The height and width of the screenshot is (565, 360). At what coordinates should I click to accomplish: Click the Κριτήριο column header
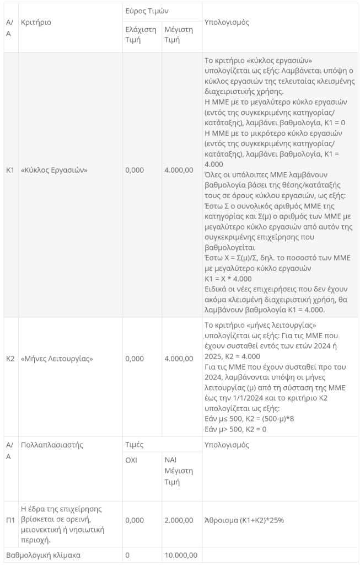click(36, 23)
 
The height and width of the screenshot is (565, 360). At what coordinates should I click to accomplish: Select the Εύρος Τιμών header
click(146, 11)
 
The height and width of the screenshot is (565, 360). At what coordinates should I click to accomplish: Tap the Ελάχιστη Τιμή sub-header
click(141, 35)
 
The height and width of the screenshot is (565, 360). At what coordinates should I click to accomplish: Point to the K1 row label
click(10, 170)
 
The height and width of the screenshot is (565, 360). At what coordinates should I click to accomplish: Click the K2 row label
click(10, 359)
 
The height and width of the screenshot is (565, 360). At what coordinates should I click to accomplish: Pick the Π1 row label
click(10, 520)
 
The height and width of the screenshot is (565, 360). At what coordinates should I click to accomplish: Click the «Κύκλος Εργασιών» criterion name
click(54, 170)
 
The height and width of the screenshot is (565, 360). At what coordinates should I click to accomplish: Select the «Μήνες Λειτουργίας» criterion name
click(57, 359)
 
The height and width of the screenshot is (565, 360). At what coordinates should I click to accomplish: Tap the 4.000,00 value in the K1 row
click(179, 170)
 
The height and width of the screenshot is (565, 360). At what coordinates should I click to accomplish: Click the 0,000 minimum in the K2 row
click(135, 359)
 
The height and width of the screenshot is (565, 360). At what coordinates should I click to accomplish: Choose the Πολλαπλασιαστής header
click(52, 445)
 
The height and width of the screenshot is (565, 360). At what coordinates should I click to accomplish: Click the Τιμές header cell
click(136, 445)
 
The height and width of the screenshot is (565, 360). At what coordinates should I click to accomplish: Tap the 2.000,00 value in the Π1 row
click(179, 520)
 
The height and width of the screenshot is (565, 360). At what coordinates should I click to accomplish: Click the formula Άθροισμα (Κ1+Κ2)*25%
click(244, 520)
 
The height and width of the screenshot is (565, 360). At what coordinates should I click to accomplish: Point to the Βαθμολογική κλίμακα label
click(43, 555)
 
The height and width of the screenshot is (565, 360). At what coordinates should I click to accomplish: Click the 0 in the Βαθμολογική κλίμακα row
click(127, 555)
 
